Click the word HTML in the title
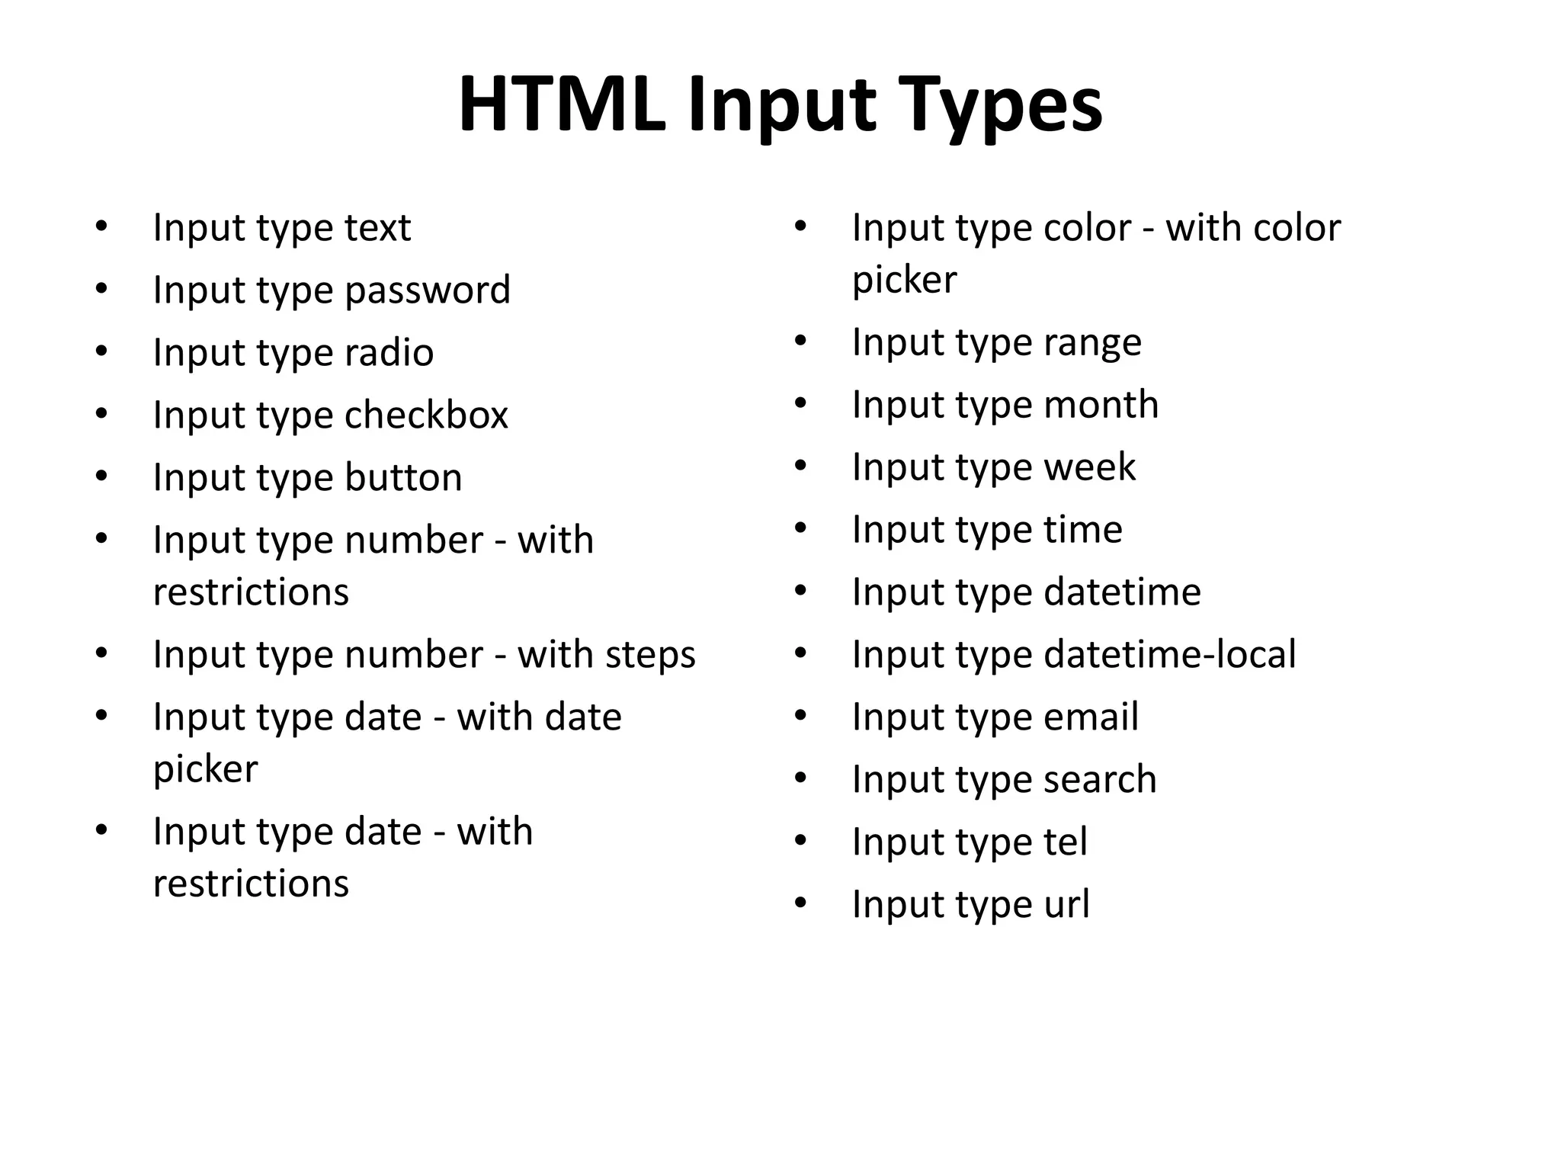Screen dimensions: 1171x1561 (561, 105)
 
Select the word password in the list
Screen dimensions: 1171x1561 (427, 291)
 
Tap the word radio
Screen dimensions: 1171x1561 (389, 353)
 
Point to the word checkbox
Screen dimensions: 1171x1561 (426, 415)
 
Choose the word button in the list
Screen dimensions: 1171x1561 (403, 478)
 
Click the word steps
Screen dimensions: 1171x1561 (647, 656)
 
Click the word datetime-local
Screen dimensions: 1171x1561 (1169, 655)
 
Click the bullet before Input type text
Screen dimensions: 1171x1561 (101, 226)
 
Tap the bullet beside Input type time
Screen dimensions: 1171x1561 (800, 528)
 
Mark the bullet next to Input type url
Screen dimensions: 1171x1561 (800, 903)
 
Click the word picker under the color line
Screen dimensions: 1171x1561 (904, 281)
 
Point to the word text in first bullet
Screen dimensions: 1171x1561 (377, 228)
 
